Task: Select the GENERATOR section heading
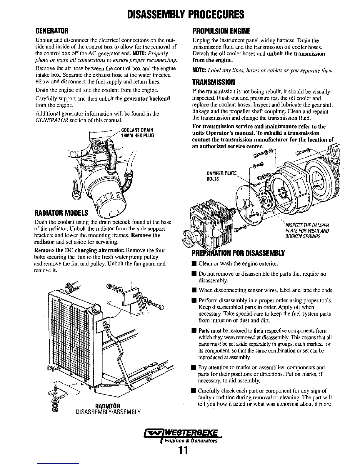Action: tap(52, 31)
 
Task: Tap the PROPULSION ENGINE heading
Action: tap(221, 31)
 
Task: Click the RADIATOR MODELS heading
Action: tap(61, 212)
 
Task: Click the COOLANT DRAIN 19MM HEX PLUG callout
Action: tap(138, 133)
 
